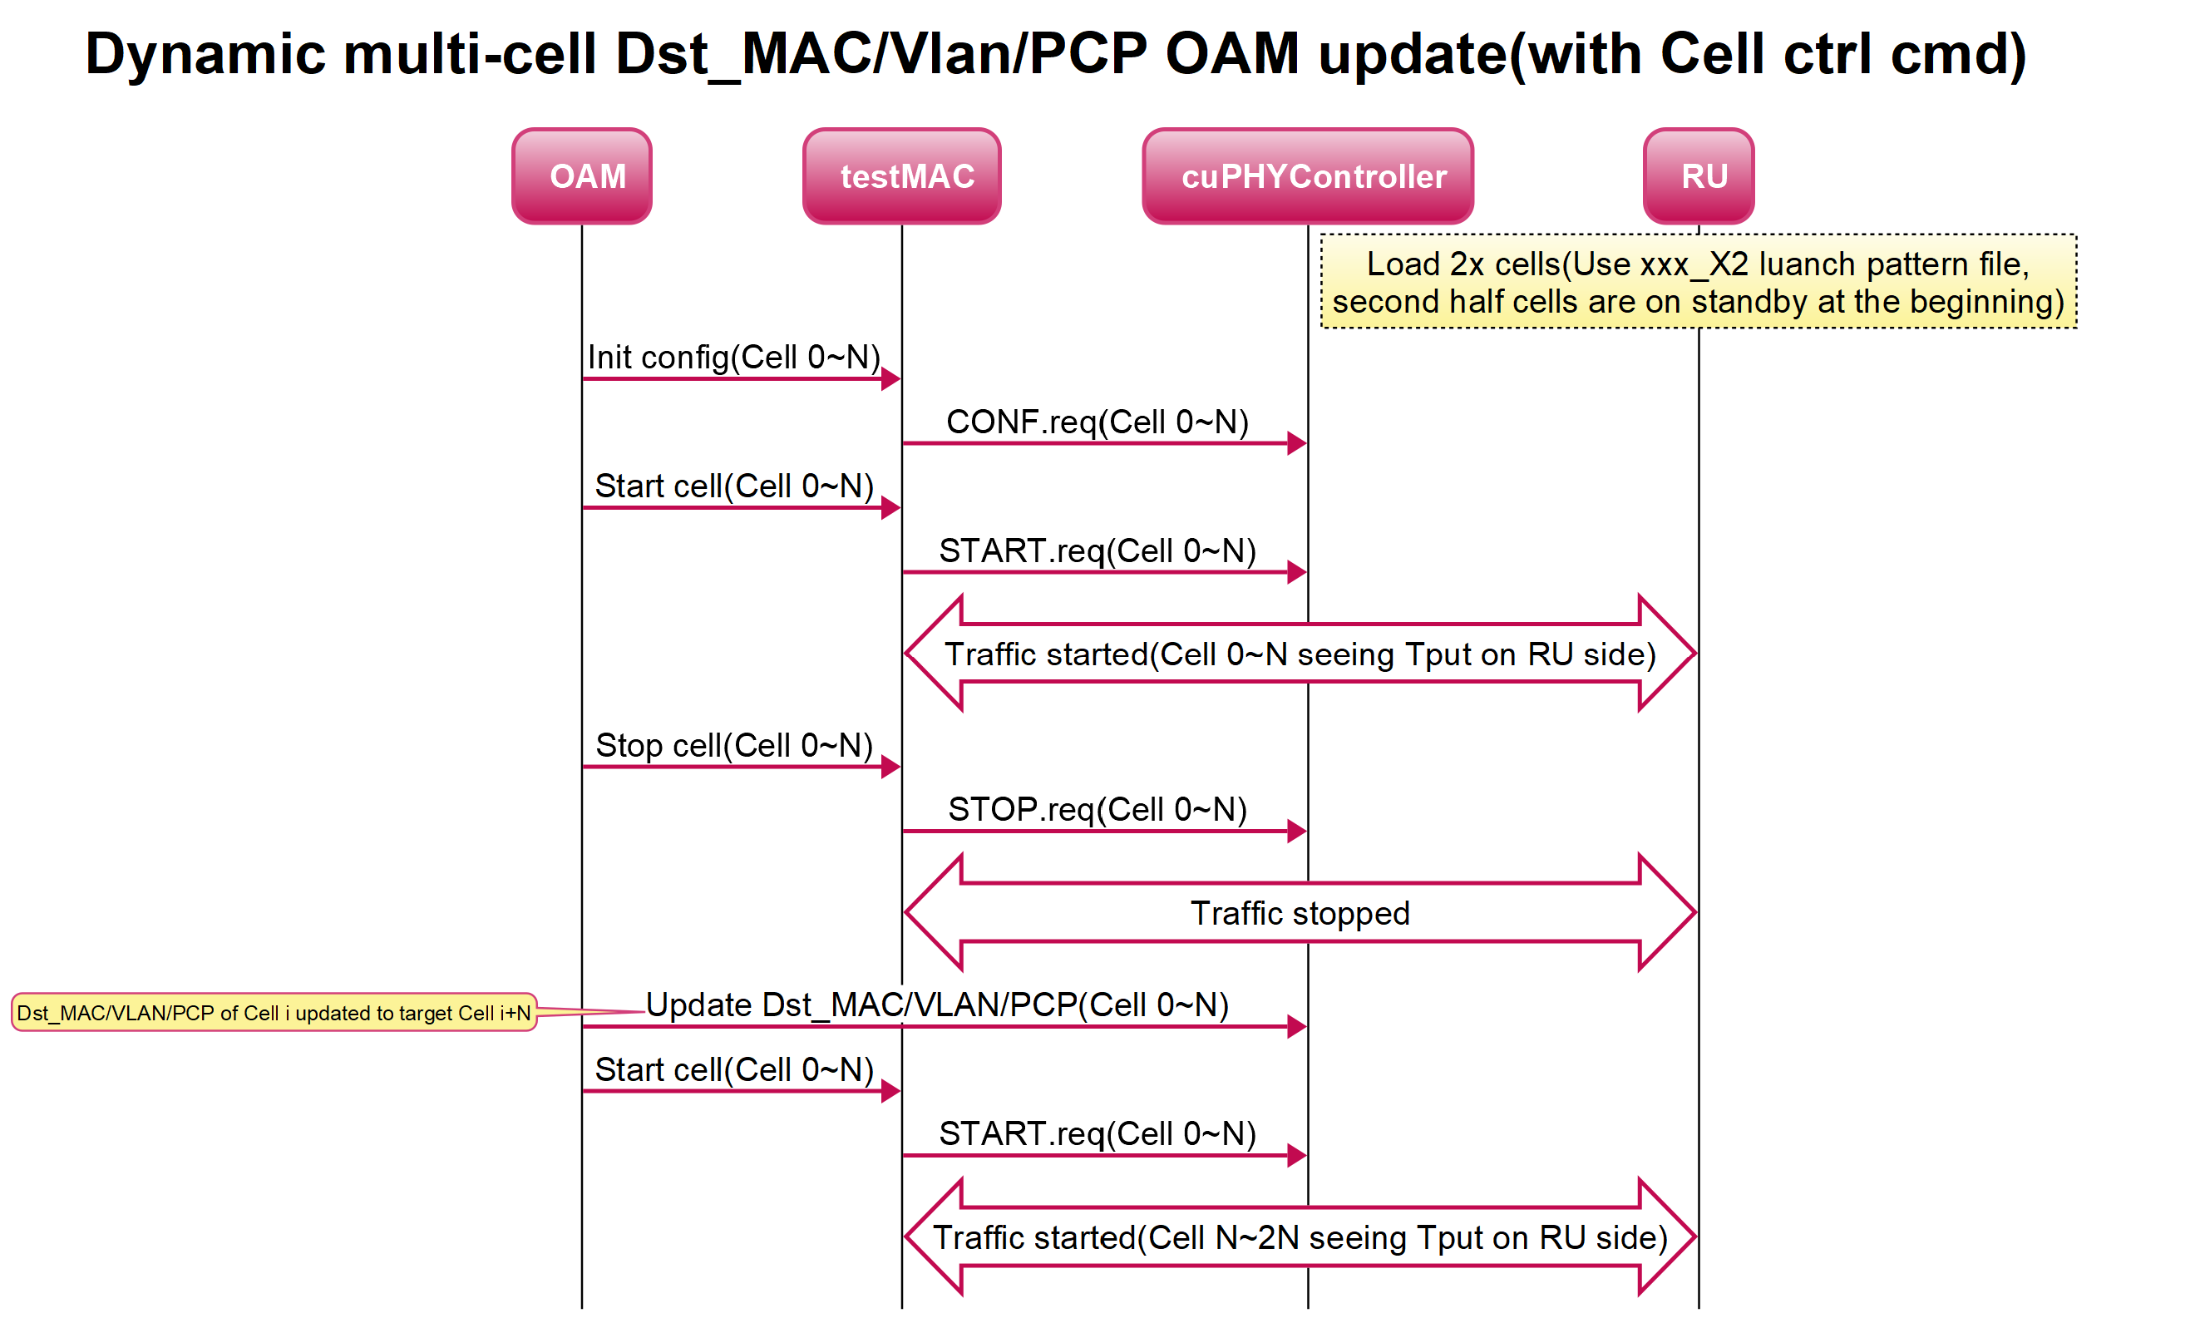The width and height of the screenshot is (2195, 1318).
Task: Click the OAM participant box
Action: [582, 175]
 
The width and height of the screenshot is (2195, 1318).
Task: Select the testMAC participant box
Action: [901, 175]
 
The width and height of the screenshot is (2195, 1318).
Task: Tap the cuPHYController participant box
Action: [1307, 175]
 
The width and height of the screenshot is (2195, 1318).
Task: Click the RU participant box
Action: [1698, 175]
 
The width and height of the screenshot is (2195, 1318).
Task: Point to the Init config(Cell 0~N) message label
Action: [733, 357]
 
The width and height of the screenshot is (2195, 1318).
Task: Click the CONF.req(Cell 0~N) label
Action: [1097, 422]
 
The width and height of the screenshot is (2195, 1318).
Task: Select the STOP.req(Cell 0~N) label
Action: [1097, 809]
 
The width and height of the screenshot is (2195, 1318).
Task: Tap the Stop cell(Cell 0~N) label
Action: [733, 745]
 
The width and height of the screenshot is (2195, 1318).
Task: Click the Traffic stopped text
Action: [1299, 913]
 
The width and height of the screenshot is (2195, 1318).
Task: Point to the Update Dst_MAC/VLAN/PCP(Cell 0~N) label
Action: [937, 1005]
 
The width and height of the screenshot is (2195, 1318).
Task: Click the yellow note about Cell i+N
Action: [274, 1013]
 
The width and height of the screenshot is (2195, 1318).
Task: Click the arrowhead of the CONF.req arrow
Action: [1297, 443]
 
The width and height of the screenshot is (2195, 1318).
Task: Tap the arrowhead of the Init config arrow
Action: [890, 379]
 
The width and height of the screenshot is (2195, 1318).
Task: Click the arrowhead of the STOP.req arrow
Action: [1297, 832]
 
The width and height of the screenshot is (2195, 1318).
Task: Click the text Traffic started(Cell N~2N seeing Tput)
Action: [1299, 1237]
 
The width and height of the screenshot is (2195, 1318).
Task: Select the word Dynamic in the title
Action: [205, 55]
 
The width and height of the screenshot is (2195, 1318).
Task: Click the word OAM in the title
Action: [1231, 55]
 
